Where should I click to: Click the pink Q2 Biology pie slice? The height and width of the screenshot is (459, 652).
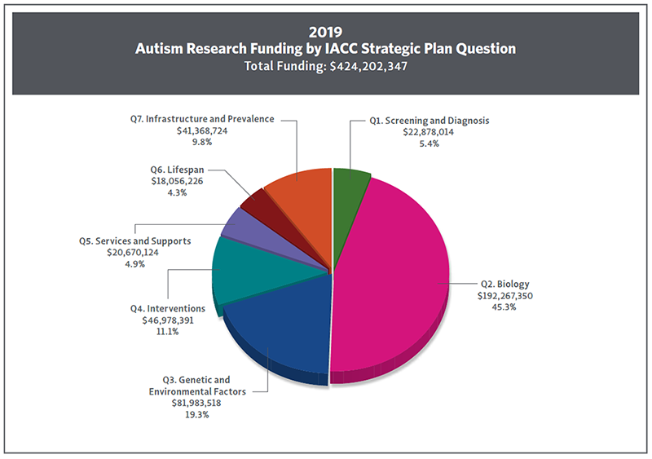pos(391,277)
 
